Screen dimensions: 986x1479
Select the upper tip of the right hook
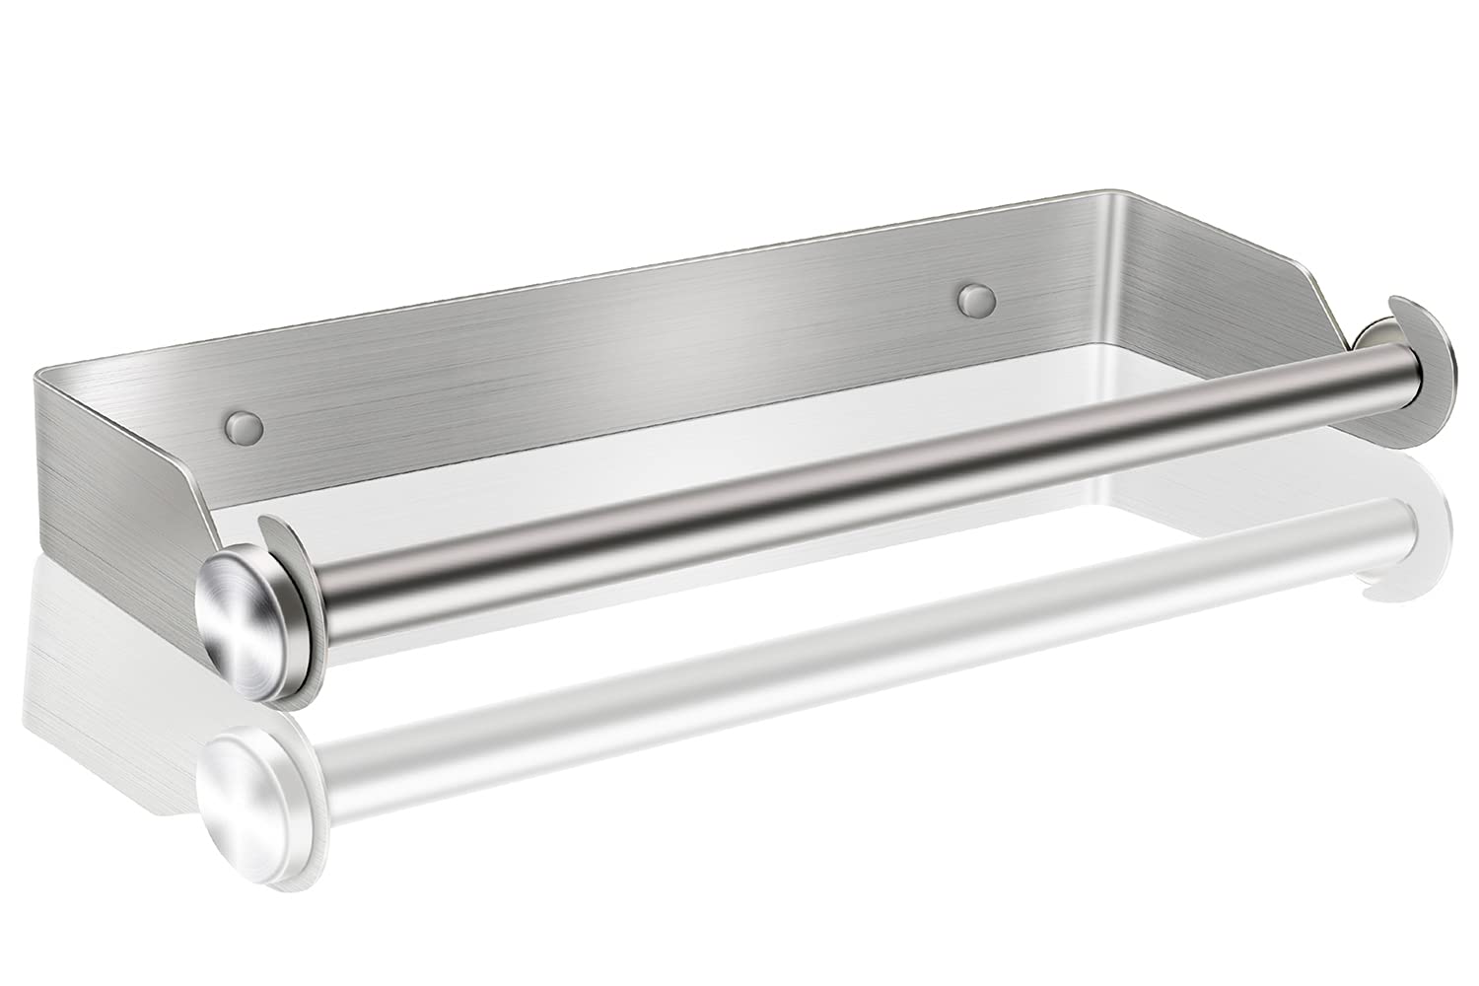click(x=1397, y=301)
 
